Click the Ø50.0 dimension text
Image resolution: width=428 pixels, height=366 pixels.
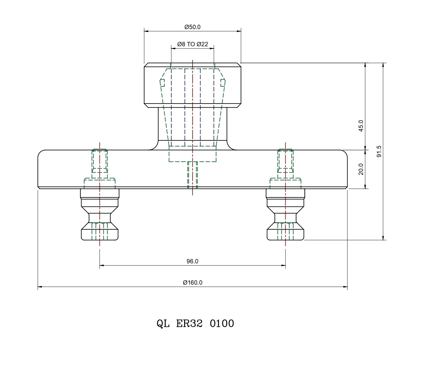[192, 27]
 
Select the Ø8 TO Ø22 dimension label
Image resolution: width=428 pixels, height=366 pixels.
[192, 44]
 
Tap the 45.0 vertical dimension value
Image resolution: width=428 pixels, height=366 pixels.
[361, 126]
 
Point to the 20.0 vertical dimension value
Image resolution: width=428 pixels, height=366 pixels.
[361, 169]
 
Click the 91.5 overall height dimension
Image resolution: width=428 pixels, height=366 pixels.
[379, 151]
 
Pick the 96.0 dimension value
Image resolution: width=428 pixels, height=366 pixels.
[192, 261]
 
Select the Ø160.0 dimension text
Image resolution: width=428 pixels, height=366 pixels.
[193, 282]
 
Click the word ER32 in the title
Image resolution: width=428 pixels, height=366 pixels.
[189, 323]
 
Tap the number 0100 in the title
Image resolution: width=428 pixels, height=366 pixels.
[222, 323]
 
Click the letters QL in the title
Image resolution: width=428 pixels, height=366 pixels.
[163, 323]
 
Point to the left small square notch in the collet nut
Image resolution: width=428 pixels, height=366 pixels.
[162, 83]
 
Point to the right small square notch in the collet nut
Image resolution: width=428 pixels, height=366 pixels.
[223, 83]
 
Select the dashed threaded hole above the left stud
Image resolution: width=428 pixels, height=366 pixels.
[100, 161]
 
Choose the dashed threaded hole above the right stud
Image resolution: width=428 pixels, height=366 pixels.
[285, 161]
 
